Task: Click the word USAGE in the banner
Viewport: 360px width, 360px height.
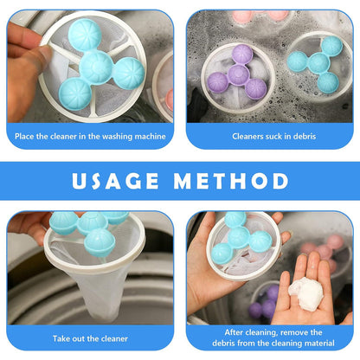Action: pos(115,181)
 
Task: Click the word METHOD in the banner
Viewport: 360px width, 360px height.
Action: pos(231,181)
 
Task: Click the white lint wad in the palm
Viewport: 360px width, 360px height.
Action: pos(305,294)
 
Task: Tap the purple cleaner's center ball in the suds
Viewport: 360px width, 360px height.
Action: pos(238,74)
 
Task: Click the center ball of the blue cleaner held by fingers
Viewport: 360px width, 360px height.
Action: pos(95,67)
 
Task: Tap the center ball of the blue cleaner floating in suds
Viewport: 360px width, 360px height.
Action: pos(318,63)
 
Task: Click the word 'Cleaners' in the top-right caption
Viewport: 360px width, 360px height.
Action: pos(244,136)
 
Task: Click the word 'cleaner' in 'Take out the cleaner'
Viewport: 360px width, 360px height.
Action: pos(114,338)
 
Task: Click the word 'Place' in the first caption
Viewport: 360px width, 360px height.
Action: pos(24,136)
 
